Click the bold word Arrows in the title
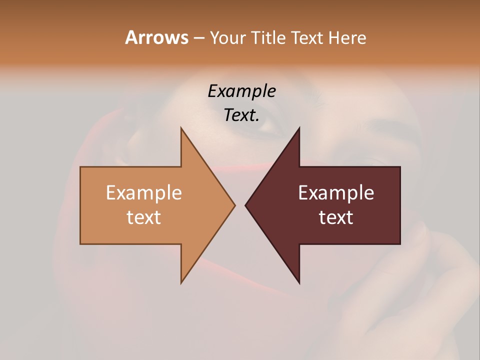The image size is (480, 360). point(156,37)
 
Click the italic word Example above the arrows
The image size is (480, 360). point(241,91)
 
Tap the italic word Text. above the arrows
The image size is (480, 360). point(241,115)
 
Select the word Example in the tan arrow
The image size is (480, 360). point(144,193)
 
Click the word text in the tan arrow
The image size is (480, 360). point(144,217)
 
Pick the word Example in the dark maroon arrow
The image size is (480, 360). point(336,193)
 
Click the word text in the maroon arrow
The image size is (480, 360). point(336,217)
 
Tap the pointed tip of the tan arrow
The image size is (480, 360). point(234,205)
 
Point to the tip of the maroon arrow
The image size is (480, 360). point(245,205)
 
